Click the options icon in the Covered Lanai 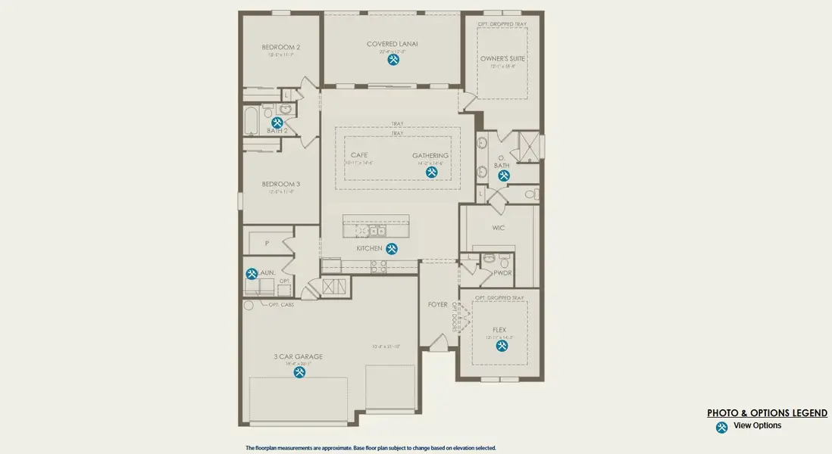(x=393, y=60)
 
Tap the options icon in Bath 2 (x=277, y=122)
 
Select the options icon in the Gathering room (x=431, y=173)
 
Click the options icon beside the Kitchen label (x=392, y=248)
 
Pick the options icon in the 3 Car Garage (x=300, y=372)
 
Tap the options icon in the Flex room (x=502, y=346)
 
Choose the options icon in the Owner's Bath (x=504, y=176)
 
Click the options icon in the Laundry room (x=252, y=274)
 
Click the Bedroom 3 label (x=281, y=184)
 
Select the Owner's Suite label (x=502, y=58)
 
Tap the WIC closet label (x=499, y=227)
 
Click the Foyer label (x=438, y=304)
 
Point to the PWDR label (x=503, y=272)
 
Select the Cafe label (x=359, y=155)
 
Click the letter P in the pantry (x=267, y=244)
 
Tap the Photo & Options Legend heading (x=767, y=413)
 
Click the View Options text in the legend (x=757, y=426)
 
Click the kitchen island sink (x=375, y=231)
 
